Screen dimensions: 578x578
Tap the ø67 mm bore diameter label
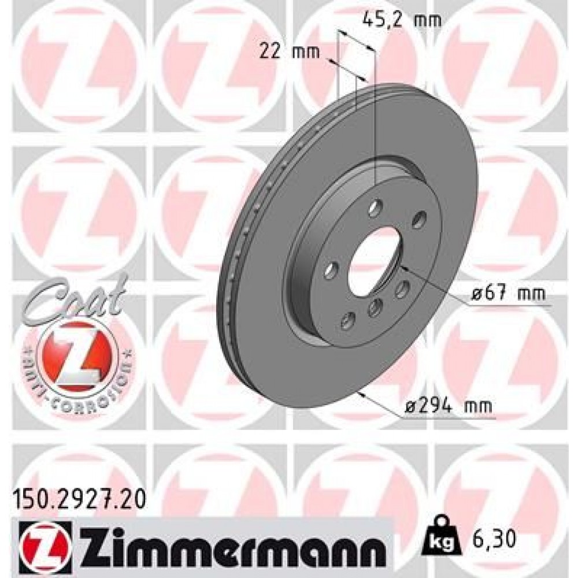507,294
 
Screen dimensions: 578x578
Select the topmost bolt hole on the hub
376,206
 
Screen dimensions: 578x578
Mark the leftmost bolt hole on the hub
331,269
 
